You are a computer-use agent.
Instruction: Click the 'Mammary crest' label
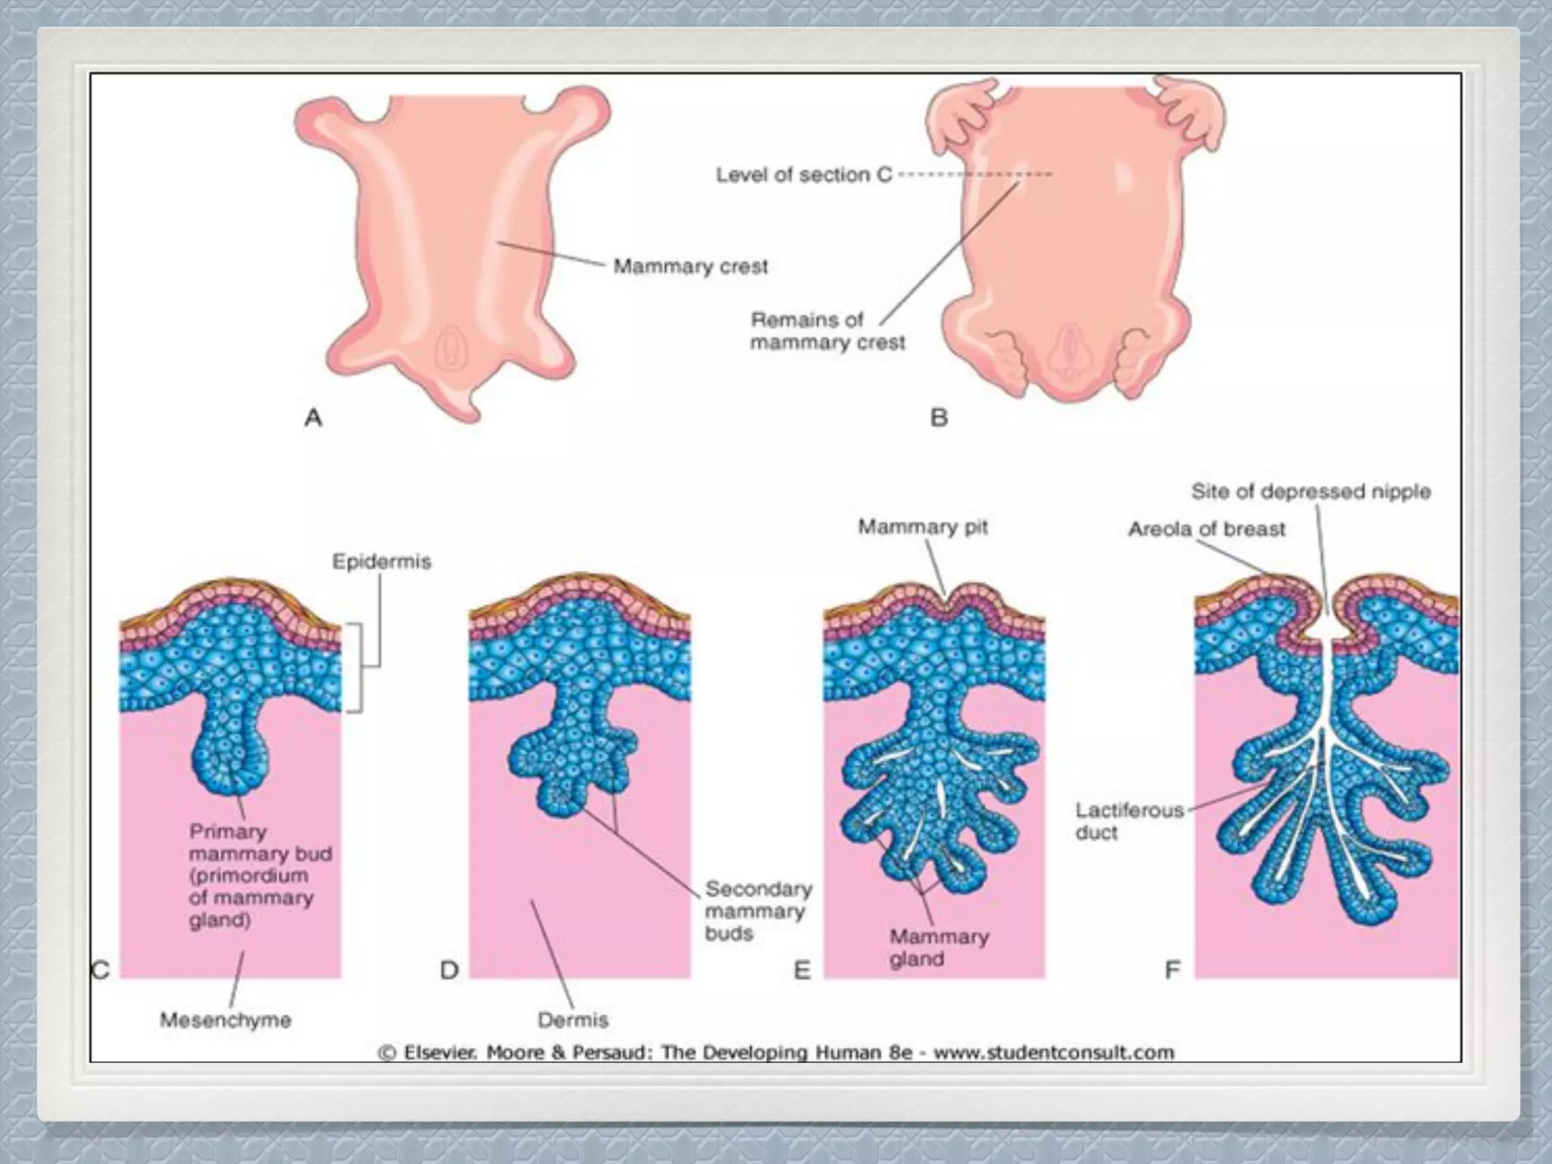pyautogui.click(x=690, y=267)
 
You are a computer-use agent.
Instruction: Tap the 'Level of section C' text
pyautogui.click(x=804, y=175)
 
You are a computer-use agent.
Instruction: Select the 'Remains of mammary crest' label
pyautogui.click(x=828, y=331)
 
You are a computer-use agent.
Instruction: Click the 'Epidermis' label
pyautogui.click(x=381, y=562)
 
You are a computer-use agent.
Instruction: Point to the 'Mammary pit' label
pyautogui.click(x=922, y=527)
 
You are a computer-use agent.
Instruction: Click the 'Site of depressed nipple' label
pyautogui.click(x=1310, y=492)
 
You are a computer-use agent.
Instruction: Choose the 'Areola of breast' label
pyautogui.click(x=1206, y=529)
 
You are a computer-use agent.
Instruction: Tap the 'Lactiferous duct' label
pyautogui.click(x=1128, y=821)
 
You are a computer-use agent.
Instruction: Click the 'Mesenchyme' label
pyautogui.click(x=226, y=1020)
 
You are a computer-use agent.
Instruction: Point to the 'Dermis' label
pyautogui.click(x=573, y=1020)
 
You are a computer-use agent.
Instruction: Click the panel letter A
pyautogui.click(x=313, y=418)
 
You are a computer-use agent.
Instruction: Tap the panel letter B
pyautogui.click(x=938, y=418)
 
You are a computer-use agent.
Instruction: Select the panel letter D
pyautogui.click(x=449, y=970)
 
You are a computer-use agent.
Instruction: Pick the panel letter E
pyautogui.click(x=802, y=970)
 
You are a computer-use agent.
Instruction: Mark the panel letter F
pyautogui.click(x=1172, y=970)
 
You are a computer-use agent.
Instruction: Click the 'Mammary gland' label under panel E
pyautogui.click(x=939, y=948)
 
